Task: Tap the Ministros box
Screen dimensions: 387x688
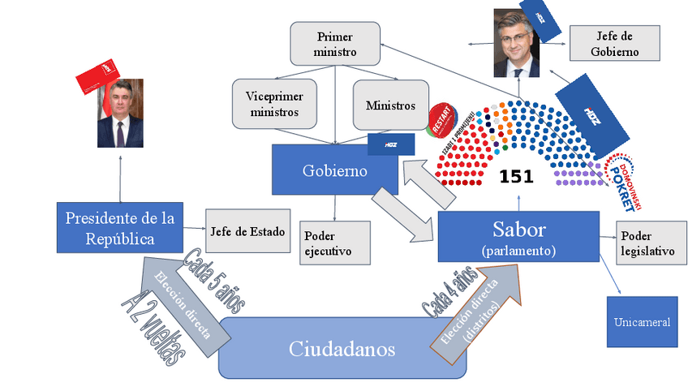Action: tap(390, 105)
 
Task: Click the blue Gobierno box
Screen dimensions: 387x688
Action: tap(334, 171)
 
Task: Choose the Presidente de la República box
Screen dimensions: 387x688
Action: tap(120, 227)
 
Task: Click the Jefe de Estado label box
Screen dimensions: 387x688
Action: tap(248, 232)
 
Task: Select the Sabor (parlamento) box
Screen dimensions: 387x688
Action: tap(518, 236)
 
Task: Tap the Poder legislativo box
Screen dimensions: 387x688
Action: tap(647, 243)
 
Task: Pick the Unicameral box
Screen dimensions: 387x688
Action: tap(642, 322)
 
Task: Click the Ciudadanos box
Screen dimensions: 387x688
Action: tap(342, 349)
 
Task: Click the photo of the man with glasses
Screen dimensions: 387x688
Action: tap(517, 44)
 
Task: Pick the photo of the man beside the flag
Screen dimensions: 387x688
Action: tap(121, 113)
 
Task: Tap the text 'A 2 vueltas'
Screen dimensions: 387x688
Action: tap(153, 325)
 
